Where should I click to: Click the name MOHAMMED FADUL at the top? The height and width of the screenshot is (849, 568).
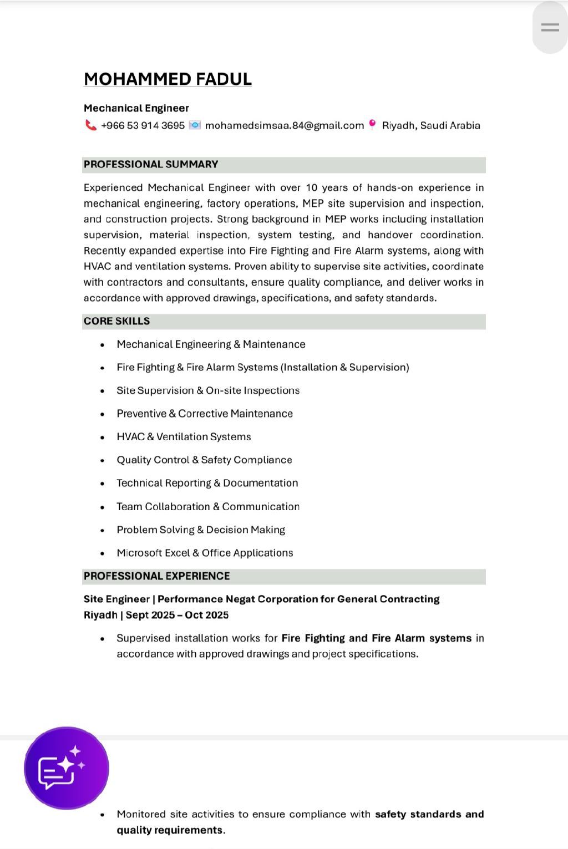168,79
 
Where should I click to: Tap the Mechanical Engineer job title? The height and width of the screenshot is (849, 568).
136,108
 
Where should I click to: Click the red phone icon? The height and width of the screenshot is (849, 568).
90,125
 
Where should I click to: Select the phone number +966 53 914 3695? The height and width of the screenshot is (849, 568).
143,126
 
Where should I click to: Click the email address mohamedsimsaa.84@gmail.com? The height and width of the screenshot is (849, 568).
284,126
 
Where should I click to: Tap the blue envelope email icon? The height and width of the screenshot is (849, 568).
195,125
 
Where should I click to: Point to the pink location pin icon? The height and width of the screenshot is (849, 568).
373,124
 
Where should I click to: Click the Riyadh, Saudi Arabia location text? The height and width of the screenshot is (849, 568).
431,126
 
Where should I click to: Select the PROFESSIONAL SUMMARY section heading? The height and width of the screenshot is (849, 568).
151,165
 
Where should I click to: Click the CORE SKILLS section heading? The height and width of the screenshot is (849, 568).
116,322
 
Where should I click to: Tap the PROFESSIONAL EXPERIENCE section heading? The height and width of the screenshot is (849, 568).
156,576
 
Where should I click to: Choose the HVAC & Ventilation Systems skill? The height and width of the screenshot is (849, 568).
184,437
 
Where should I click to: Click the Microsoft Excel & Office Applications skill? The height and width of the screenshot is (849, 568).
205,553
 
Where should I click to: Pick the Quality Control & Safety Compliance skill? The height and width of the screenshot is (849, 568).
204,460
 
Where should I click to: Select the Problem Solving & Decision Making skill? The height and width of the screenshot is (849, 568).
201,530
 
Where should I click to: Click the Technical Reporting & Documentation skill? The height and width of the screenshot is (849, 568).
207,484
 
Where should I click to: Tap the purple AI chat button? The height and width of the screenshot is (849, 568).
67,768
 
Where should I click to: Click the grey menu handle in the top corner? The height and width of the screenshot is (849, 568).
550,27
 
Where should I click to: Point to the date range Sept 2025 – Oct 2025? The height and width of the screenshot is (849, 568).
177,615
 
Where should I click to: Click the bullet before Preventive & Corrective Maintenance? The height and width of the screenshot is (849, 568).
103,414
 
